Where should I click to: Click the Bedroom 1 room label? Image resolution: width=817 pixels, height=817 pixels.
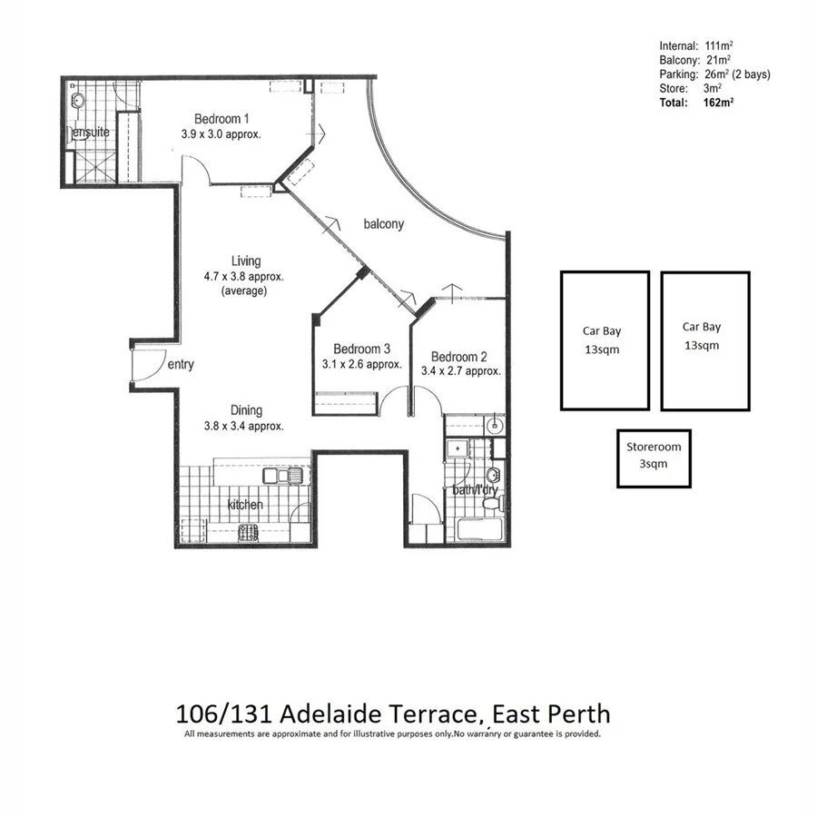[221, 119]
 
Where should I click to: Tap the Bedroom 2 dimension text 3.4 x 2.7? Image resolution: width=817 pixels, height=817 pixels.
[460, 371]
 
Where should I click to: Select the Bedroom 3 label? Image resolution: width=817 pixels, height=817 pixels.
[361, 349]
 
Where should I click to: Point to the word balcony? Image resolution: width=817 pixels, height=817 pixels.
[383, 223]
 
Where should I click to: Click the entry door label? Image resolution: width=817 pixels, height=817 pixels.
[181, 365]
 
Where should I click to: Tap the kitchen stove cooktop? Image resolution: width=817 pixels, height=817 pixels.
[248, 533]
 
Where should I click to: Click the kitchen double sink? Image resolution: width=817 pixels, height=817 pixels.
[276, 476]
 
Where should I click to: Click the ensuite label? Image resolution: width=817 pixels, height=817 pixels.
[91, 133]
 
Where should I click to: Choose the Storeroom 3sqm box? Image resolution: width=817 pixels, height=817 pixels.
[653, 458]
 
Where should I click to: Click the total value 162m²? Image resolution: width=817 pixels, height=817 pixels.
[717, 103]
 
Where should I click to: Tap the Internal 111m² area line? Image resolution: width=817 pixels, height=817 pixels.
[696, 46]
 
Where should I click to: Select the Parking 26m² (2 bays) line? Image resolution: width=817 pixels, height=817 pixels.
[714, 74]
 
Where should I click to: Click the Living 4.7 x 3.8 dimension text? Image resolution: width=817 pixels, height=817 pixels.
[233, 277]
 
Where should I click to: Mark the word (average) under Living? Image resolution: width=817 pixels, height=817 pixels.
[243, 291]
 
